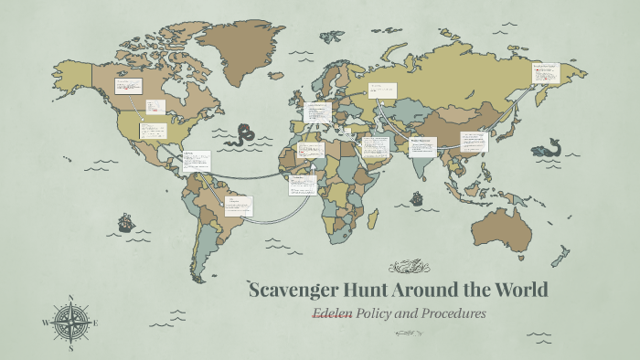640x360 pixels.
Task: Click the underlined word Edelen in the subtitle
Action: click(x=332, y=313)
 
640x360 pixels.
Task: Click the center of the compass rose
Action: click(x=70, y=322)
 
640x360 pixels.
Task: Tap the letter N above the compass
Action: click(x=70, y=297)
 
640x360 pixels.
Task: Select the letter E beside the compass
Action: click(x=95, y=323)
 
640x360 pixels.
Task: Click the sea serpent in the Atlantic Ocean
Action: click(x=245, y=135)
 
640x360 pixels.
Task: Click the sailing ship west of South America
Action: click(x=125, y=222)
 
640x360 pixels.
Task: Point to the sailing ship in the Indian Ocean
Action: click(x=417, y=197)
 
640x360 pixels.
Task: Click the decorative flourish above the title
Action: click(x=408, y=267)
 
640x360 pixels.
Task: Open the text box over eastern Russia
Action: click(x=546, y=73)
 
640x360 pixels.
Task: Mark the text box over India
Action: click(x=422, y=145)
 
